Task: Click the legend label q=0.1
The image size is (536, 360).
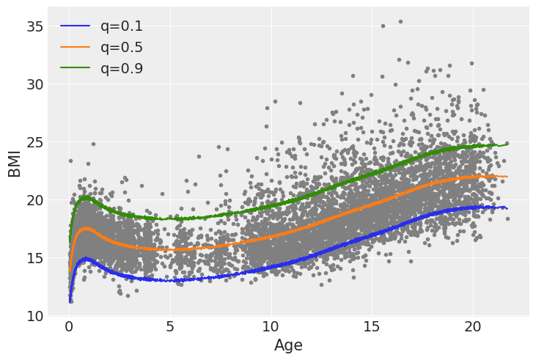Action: pos(122,26)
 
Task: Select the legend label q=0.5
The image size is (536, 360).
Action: pos(122,48)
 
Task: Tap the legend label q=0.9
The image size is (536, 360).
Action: pos(122,69)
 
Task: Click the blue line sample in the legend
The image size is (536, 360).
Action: pos(75,27)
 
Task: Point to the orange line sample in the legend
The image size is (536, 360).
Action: pos(75,48)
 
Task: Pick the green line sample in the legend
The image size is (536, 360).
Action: pos(75,70)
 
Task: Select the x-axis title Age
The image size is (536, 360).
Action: pos(288,345)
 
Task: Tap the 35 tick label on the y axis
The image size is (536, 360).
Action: pos(35,26)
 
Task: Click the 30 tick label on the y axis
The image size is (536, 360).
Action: pos(35,84)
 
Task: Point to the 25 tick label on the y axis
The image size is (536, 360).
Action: pos(35,142)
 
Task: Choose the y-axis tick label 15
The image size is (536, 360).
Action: pos(35,258)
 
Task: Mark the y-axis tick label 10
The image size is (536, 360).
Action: pos(35,316)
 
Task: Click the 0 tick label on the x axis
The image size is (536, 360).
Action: pos(70,326)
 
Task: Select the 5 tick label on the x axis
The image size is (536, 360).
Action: pos(170,326)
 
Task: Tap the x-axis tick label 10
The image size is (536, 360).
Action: pos(271,326)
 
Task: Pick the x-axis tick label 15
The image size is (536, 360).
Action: pos(372,326)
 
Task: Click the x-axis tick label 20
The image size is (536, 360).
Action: pos(473,326)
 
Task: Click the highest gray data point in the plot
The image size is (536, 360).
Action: pos(400,21)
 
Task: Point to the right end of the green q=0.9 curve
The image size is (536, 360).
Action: pos(507,144)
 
